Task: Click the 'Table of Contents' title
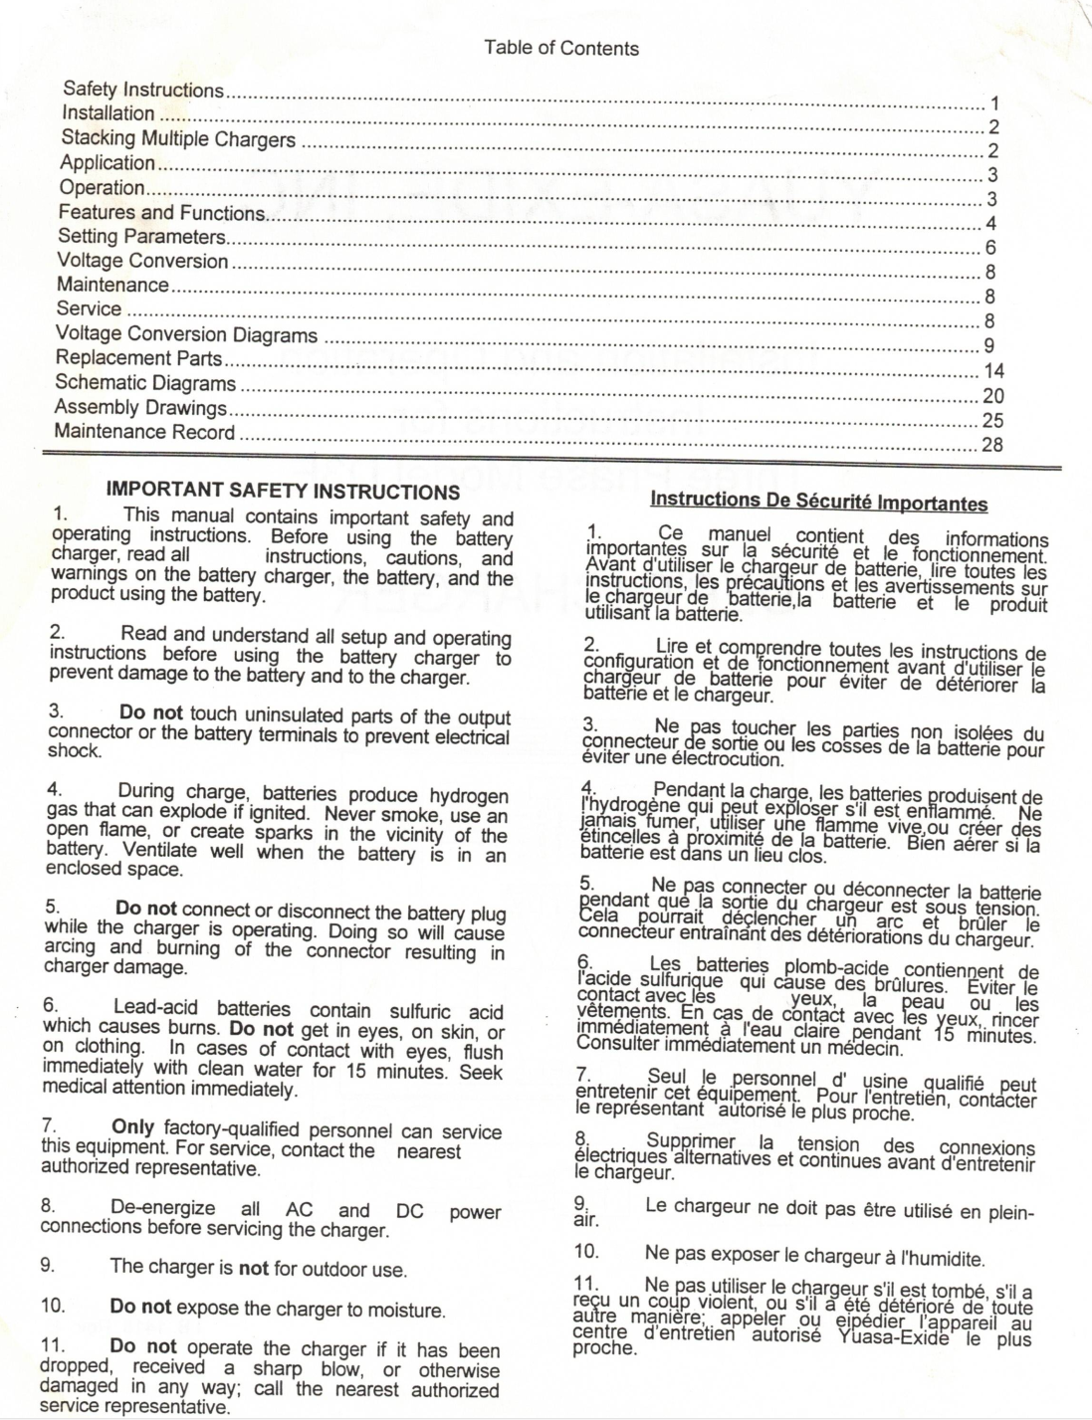click(560, 48)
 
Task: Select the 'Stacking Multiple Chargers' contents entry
click(178, 138)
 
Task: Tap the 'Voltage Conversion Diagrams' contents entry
click(186, 334)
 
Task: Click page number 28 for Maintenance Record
click(991, 445)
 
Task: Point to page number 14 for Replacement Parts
click(993, 371)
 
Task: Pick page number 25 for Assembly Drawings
click(992, 420)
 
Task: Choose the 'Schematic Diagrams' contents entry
click(145, 383)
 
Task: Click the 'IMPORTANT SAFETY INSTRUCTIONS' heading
click(283, 492)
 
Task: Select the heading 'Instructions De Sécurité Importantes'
click(818, 502)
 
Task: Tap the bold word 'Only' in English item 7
click(132, 1127)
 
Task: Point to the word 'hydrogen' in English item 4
click(468, 795)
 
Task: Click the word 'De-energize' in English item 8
click(162, 1208)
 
